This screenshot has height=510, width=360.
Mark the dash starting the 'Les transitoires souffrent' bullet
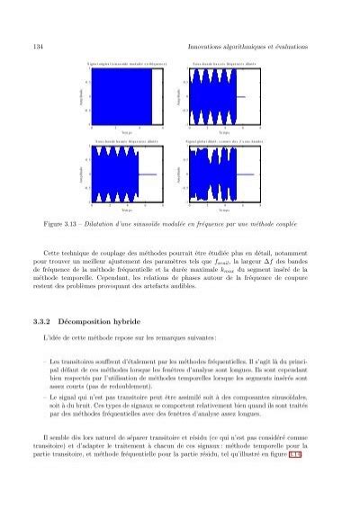pos(44,359)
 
